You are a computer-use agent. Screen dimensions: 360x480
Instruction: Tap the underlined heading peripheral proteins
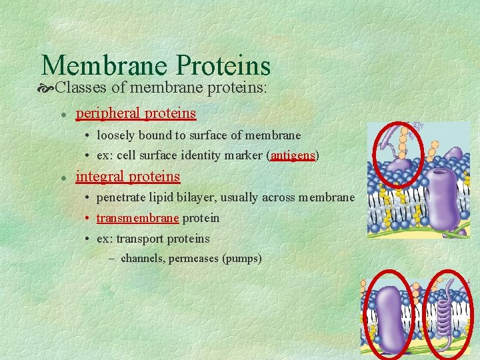click(x=136, y=113)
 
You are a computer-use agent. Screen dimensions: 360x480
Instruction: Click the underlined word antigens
click(x=293, y=155)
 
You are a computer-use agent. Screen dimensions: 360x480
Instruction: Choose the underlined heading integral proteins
click(x=128, y=177)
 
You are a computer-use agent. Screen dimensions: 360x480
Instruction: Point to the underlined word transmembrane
click(x=137, y=218)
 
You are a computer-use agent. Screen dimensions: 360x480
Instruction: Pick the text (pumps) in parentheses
click(x=244, y=258)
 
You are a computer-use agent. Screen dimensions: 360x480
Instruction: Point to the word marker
click(x=245, y=155)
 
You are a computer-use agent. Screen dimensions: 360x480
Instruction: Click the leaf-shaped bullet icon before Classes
click(x=47, y=88)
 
